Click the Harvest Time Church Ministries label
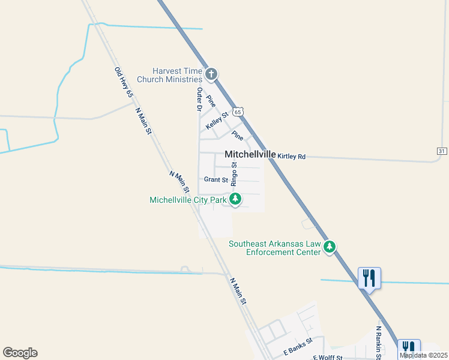tap(169, 75)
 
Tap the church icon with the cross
tap(211, 74)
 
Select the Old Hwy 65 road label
tap(124, 83)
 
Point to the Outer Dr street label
tap(199, 100)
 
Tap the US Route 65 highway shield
tap(238, 112)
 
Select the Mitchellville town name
tap(250, 154)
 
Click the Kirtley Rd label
tap(291, 157)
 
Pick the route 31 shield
tap(442, 151)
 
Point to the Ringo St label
tap(235, 173)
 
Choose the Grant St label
tap(216, 179)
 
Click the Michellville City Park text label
tap(187, 199)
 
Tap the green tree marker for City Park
tap(236, 199)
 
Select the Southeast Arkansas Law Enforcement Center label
tap(274, 248)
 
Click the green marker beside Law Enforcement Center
tap(329, 247)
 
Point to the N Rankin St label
tap(379, 343)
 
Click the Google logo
tap(20, 353)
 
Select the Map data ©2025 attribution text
tap(423, 355)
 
